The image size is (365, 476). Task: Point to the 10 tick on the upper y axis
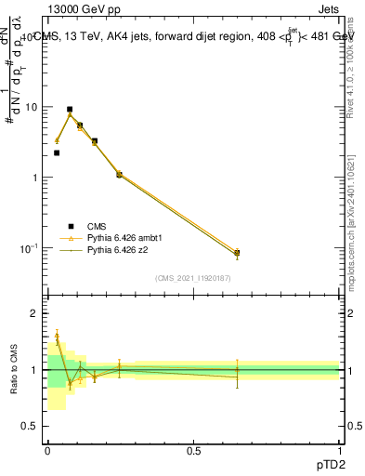point(32,107)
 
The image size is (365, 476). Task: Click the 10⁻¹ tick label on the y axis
point(30,248)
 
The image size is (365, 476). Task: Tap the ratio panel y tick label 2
point(35,313)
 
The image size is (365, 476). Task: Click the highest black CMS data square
point(70,109)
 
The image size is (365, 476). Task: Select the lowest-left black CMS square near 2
point(57,152)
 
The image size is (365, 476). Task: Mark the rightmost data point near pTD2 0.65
point(237,253)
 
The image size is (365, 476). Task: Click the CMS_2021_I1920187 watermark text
point(193,278)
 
